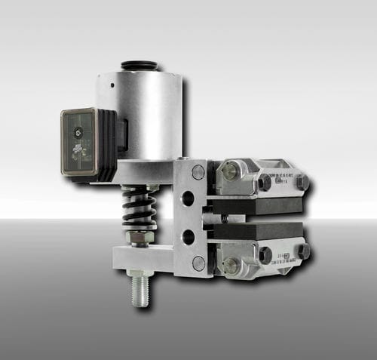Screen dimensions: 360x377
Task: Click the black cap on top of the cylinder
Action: click(x=139, y=66)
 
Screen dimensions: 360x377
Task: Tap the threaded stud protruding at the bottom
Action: click(x=140, y=291)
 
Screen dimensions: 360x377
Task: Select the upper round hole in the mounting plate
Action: click(x=188, y=199)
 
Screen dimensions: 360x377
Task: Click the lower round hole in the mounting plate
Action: click(x=188, y=236)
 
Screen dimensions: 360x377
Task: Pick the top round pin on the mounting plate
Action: click(x=198, y=172)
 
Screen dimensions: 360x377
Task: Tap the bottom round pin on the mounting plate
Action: click(x=198, y=263)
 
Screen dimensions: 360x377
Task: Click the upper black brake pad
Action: click(x=256, y=205)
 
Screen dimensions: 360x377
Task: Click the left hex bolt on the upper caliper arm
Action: click(x=265, y=182)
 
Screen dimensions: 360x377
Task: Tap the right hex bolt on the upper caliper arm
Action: click(x=302, y=182)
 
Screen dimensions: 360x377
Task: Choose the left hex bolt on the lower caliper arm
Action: click(x=265, y=255)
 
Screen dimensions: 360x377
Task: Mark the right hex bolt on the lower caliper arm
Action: click(x=303, y=251)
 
